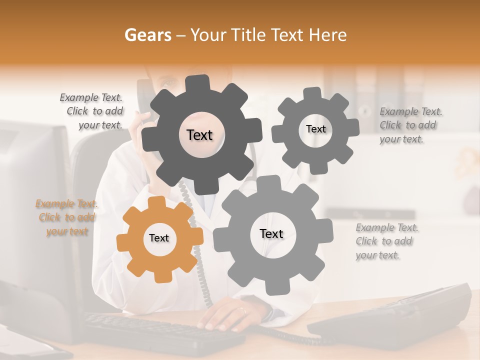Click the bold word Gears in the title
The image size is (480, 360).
coord(147,35)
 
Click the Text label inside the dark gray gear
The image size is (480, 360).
coord(199,135)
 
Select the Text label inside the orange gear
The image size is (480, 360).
coord(159,238)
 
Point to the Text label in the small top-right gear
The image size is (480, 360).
coord(315,129)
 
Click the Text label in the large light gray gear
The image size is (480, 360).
coord(271,233)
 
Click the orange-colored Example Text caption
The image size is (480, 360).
coord(66,217)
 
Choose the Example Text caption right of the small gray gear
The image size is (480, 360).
coord(410,125)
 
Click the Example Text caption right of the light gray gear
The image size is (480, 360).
coord(386,241)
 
